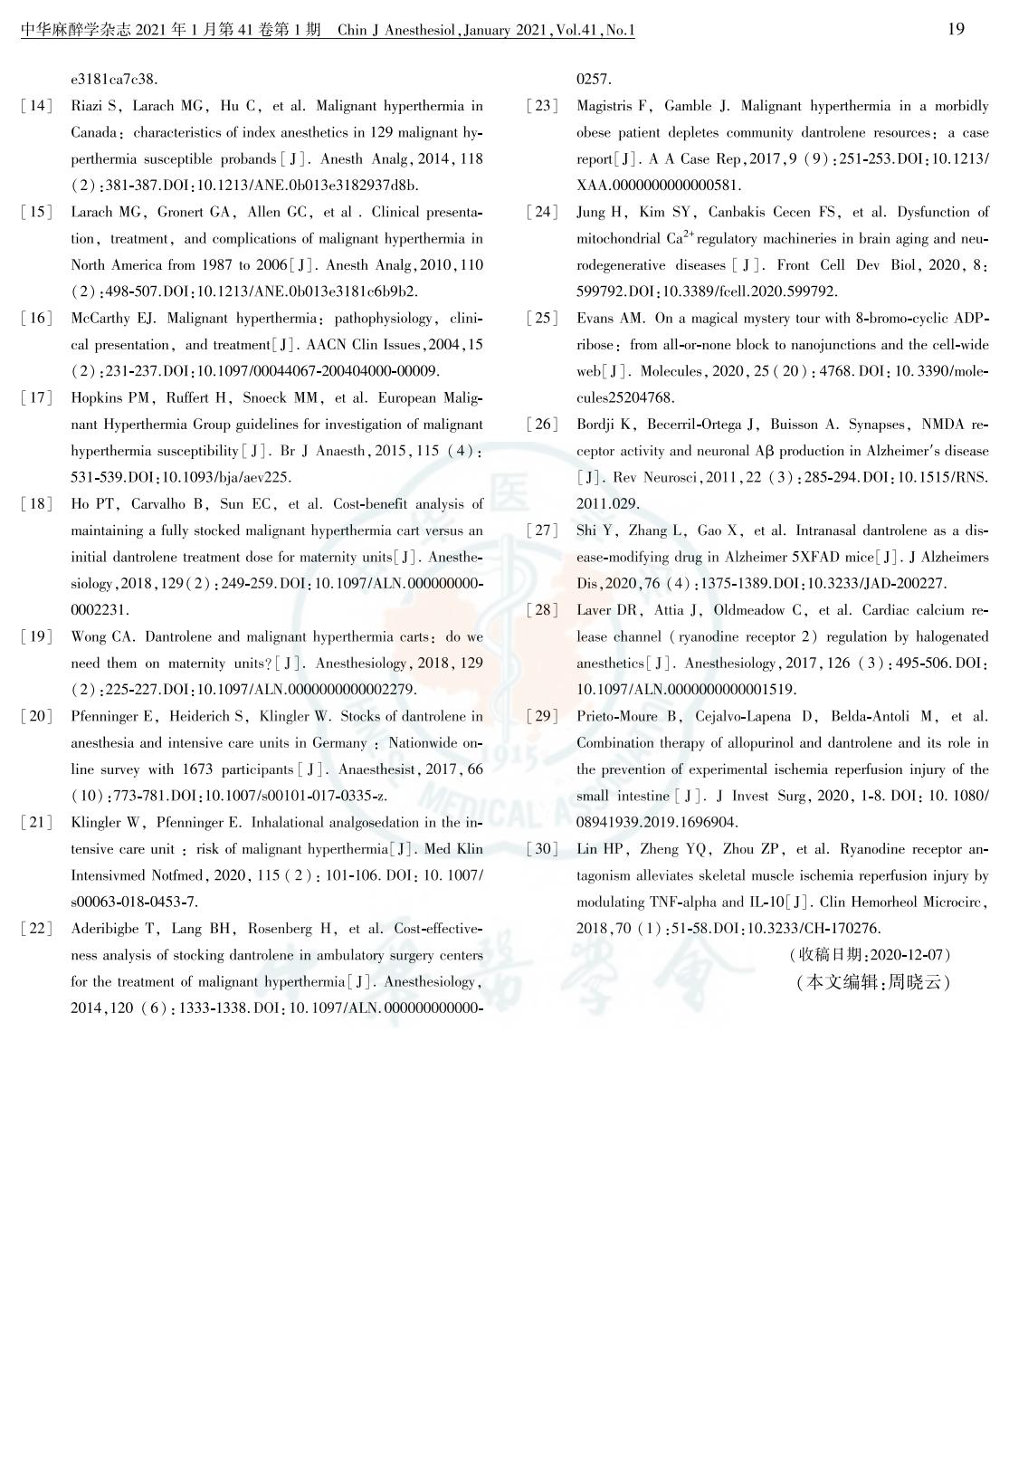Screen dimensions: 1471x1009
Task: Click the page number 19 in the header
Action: tap(956, 29)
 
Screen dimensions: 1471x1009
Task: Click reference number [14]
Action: tap(36, 106)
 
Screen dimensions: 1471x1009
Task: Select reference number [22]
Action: tap(36, 929)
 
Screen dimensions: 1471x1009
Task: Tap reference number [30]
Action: tap(542, 849)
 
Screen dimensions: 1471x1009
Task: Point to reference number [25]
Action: tap(542, 319)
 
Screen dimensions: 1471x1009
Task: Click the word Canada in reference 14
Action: tap(93, 133)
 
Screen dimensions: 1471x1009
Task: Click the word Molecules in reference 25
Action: tap(668, 371)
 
